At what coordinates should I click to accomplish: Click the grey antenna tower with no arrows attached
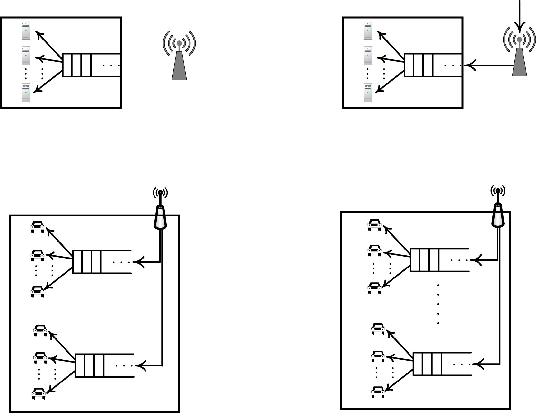[x=179, y=61]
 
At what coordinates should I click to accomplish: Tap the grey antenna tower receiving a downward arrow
[x=519, y=58]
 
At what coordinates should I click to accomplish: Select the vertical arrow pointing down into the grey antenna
[x=519, y=16]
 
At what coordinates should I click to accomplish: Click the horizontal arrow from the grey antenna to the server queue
[x=488, y=66]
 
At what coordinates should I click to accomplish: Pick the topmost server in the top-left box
[x=26, y=30]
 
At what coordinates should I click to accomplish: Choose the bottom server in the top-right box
[x=368, y=93]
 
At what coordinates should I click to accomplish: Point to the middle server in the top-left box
[x=26, y=55]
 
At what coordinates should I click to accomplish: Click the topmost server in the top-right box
[x=368, y=30]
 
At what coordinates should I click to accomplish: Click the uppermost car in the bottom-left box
[x=37, y=226]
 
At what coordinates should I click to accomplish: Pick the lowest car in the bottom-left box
[x=39, y=393]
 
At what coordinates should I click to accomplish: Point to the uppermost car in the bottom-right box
[x=374, y=225]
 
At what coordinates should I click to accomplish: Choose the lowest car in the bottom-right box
[x=378, y=392]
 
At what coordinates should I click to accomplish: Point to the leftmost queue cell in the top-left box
[x=67, y=65]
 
